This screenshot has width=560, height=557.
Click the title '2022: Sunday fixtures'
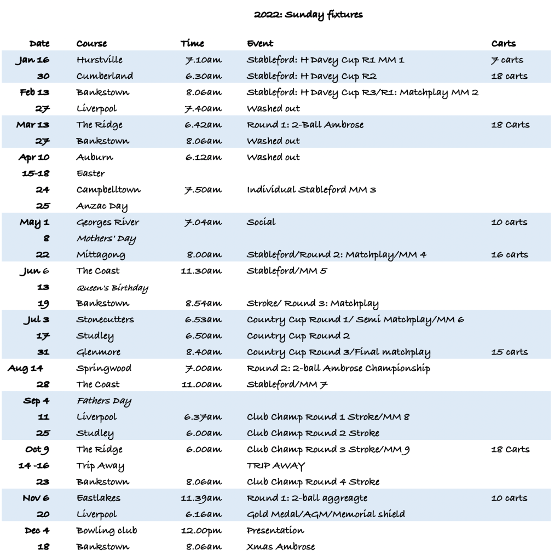click(308, 15)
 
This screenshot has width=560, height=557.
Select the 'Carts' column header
click(503, 43)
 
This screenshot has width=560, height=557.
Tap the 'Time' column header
click(192, 43)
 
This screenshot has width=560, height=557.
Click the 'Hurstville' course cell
click(99, 60)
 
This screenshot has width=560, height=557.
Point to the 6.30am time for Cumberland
click(203, 76)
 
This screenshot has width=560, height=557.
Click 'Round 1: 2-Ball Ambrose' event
click(305, 125)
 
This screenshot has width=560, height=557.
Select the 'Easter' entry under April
click(90, 173)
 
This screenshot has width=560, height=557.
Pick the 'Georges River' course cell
click(107, 222)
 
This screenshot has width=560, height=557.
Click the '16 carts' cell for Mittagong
click(510, 254)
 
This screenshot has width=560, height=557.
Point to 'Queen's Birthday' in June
click(112, 287)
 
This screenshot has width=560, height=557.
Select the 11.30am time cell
click(201, 271)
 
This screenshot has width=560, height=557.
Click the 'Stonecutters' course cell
click(105, 320)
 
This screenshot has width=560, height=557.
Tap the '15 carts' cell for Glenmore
click(510, 352)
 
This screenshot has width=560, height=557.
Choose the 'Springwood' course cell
click(103, 368)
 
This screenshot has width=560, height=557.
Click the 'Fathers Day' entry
click(104, 401)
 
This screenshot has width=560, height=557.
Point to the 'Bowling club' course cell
click(107, 530)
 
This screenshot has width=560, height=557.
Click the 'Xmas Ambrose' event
click(281, 547)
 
